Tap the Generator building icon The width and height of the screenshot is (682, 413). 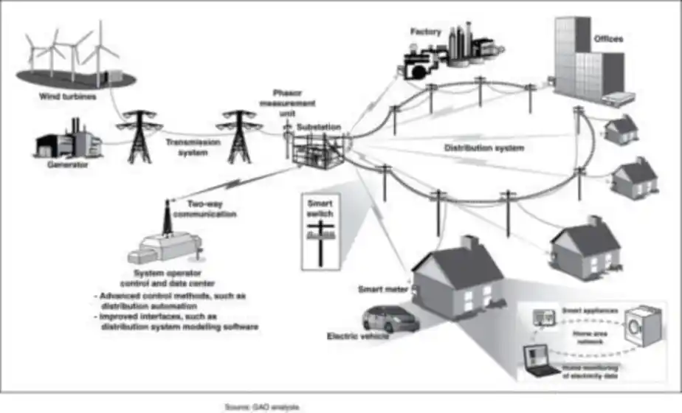(67, 141)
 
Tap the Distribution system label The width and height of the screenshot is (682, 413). (483, 147)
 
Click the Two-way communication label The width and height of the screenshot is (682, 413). (211, 209)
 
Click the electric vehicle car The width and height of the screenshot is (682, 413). (389, 319)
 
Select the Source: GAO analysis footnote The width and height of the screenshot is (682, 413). (263, 406)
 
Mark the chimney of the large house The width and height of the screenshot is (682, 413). (469, 244)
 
